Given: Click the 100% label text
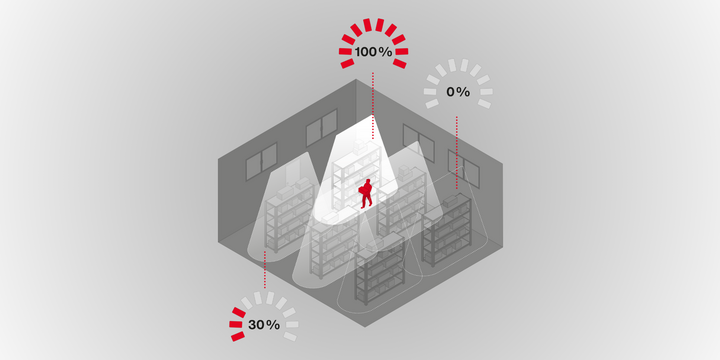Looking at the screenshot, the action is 373,52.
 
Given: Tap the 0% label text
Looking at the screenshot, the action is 458,92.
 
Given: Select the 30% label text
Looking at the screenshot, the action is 264,325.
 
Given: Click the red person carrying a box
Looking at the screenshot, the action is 366,194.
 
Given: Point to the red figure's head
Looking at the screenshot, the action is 367,182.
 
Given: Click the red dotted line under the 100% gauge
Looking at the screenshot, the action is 373,105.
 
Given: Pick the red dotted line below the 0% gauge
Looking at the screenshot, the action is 456,152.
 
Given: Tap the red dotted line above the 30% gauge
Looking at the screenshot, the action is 264,270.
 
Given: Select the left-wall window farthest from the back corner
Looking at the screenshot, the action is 261,161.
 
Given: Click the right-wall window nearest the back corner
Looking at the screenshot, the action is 418,143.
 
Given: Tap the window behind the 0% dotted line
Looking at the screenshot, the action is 464,169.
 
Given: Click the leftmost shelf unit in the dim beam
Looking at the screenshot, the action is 289,215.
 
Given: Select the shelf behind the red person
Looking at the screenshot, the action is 357,171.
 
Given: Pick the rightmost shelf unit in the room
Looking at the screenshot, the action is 447,229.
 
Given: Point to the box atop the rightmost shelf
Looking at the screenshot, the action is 450,201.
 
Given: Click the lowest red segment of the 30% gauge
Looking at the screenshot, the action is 238,336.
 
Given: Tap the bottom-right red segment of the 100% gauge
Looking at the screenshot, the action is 399,63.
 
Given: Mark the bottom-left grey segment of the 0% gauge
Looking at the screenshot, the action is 432,104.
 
